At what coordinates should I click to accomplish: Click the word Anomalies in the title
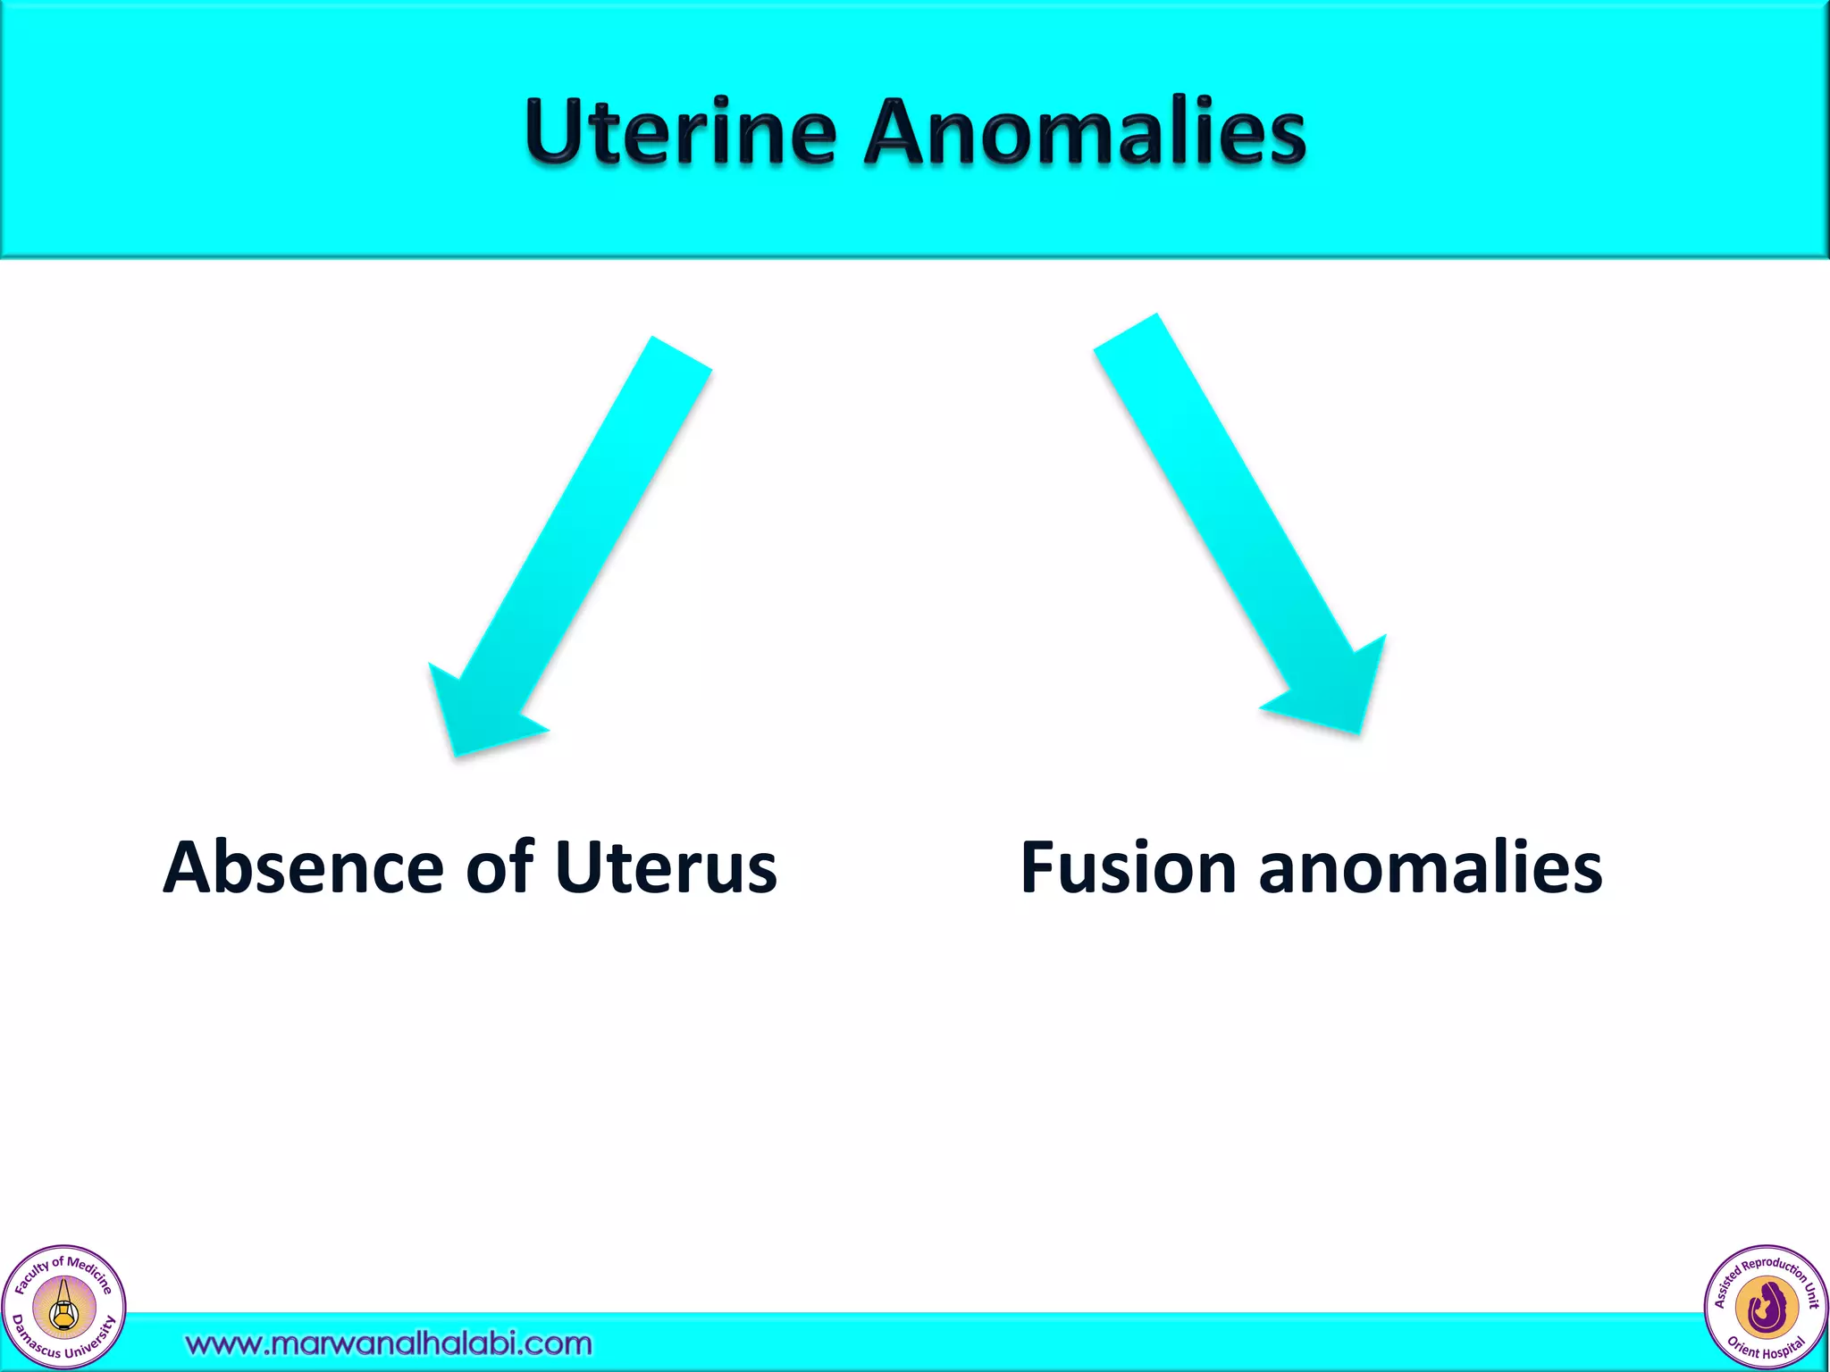(1085, 132)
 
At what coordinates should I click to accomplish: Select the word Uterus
(666, 867)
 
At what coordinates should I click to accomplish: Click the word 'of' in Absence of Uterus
(499, 867)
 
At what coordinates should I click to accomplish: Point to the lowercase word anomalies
(1430, 867)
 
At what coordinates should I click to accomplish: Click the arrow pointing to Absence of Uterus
(572, 545)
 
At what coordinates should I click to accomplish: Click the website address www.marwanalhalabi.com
(389, 1343)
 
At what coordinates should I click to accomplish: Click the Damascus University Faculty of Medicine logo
(63, 1308)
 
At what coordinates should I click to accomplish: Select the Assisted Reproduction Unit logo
(1766, 1308)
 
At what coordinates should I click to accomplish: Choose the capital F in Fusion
(1041, 867)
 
